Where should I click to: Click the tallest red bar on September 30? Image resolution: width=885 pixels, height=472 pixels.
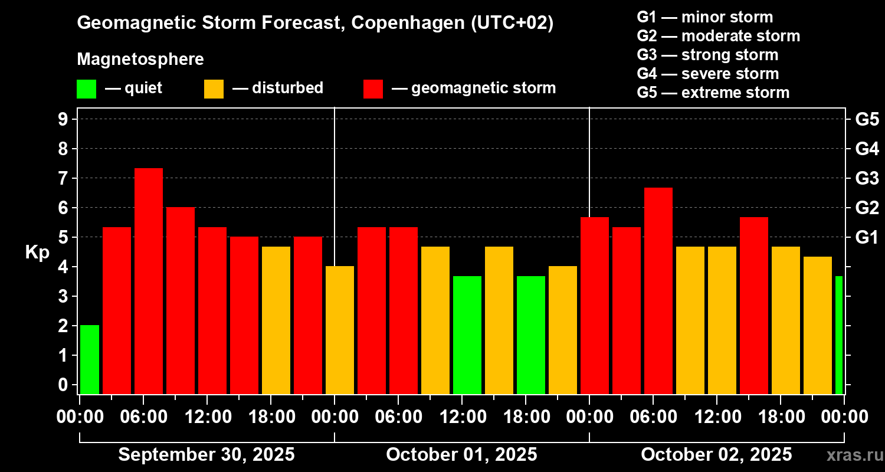149,280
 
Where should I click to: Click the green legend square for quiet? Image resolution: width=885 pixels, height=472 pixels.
86,89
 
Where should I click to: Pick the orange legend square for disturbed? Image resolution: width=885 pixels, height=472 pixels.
214,89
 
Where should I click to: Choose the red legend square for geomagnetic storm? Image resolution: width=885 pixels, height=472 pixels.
373,89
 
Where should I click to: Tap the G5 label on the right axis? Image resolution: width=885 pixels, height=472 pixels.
867,119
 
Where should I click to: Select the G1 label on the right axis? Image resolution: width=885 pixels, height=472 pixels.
867,237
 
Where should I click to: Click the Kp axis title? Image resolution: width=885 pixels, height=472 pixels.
37,253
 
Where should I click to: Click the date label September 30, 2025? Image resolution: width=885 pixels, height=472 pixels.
206,455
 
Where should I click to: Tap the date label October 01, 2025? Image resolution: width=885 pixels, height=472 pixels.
461,455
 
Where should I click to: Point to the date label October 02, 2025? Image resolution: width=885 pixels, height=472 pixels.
716,455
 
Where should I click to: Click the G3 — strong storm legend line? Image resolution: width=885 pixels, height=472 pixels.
707,55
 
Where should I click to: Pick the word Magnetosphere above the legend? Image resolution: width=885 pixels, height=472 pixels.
140,60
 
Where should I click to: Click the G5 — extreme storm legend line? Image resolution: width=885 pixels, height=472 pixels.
713,93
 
